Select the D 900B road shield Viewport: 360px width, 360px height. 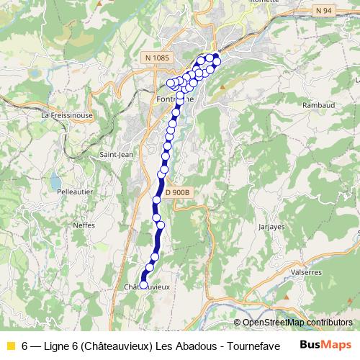pos(176,192)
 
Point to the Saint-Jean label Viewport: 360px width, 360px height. pos(114,154)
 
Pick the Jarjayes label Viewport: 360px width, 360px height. pos(270,226)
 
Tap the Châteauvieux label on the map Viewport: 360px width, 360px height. pos(148,287)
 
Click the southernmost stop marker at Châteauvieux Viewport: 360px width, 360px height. pos(143,284)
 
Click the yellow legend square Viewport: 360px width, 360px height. pos(10,345)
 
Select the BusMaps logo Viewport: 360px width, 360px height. pos(325,344)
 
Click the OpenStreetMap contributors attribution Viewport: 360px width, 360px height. pos(297,323)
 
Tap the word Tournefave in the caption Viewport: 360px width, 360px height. pos(247,345)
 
